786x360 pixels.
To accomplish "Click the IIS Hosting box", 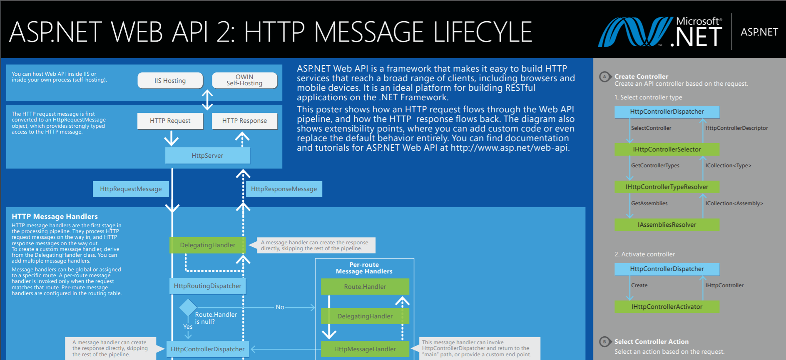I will (x=170, y=80).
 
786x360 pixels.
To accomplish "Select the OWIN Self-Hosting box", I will (x=244, y=80).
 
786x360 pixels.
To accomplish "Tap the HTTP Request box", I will (x=170, y=121).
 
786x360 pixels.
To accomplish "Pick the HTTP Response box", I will (x=244, y=121).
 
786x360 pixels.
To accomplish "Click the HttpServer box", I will (x=207, y=156).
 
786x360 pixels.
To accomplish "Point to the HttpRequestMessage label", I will (x=131, y=189).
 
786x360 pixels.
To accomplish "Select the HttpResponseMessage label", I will (x=284, y=189).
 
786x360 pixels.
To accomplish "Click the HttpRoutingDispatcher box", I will (x=207, y=286).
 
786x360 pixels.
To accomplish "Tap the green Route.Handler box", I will (x=365, y=287).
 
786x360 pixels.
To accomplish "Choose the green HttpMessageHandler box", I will (x=365, y=349).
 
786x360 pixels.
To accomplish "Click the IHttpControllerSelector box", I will (x=667, y=149).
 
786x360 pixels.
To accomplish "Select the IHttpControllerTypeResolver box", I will (x=667, y=187).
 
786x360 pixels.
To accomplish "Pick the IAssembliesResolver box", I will (x=667, y=225).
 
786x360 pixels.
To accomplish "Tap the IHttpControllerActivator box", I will (x=667, y=307).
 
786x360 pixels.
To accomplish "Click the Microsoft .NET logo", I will (x=660, y=32).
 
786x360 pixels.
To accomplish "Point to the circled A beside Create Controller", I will (x=604, y=77).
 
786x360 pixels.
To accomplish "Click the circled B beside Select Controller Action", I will (x=604, y=342).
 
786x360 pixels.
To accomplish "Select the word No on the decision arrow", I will (x=280, y=307).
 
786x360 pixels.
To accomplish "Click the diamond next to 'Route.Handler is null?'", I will (x=188, y=308).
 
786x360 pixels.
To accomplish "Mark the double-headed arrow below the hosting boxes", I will (x=207, y=100).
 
